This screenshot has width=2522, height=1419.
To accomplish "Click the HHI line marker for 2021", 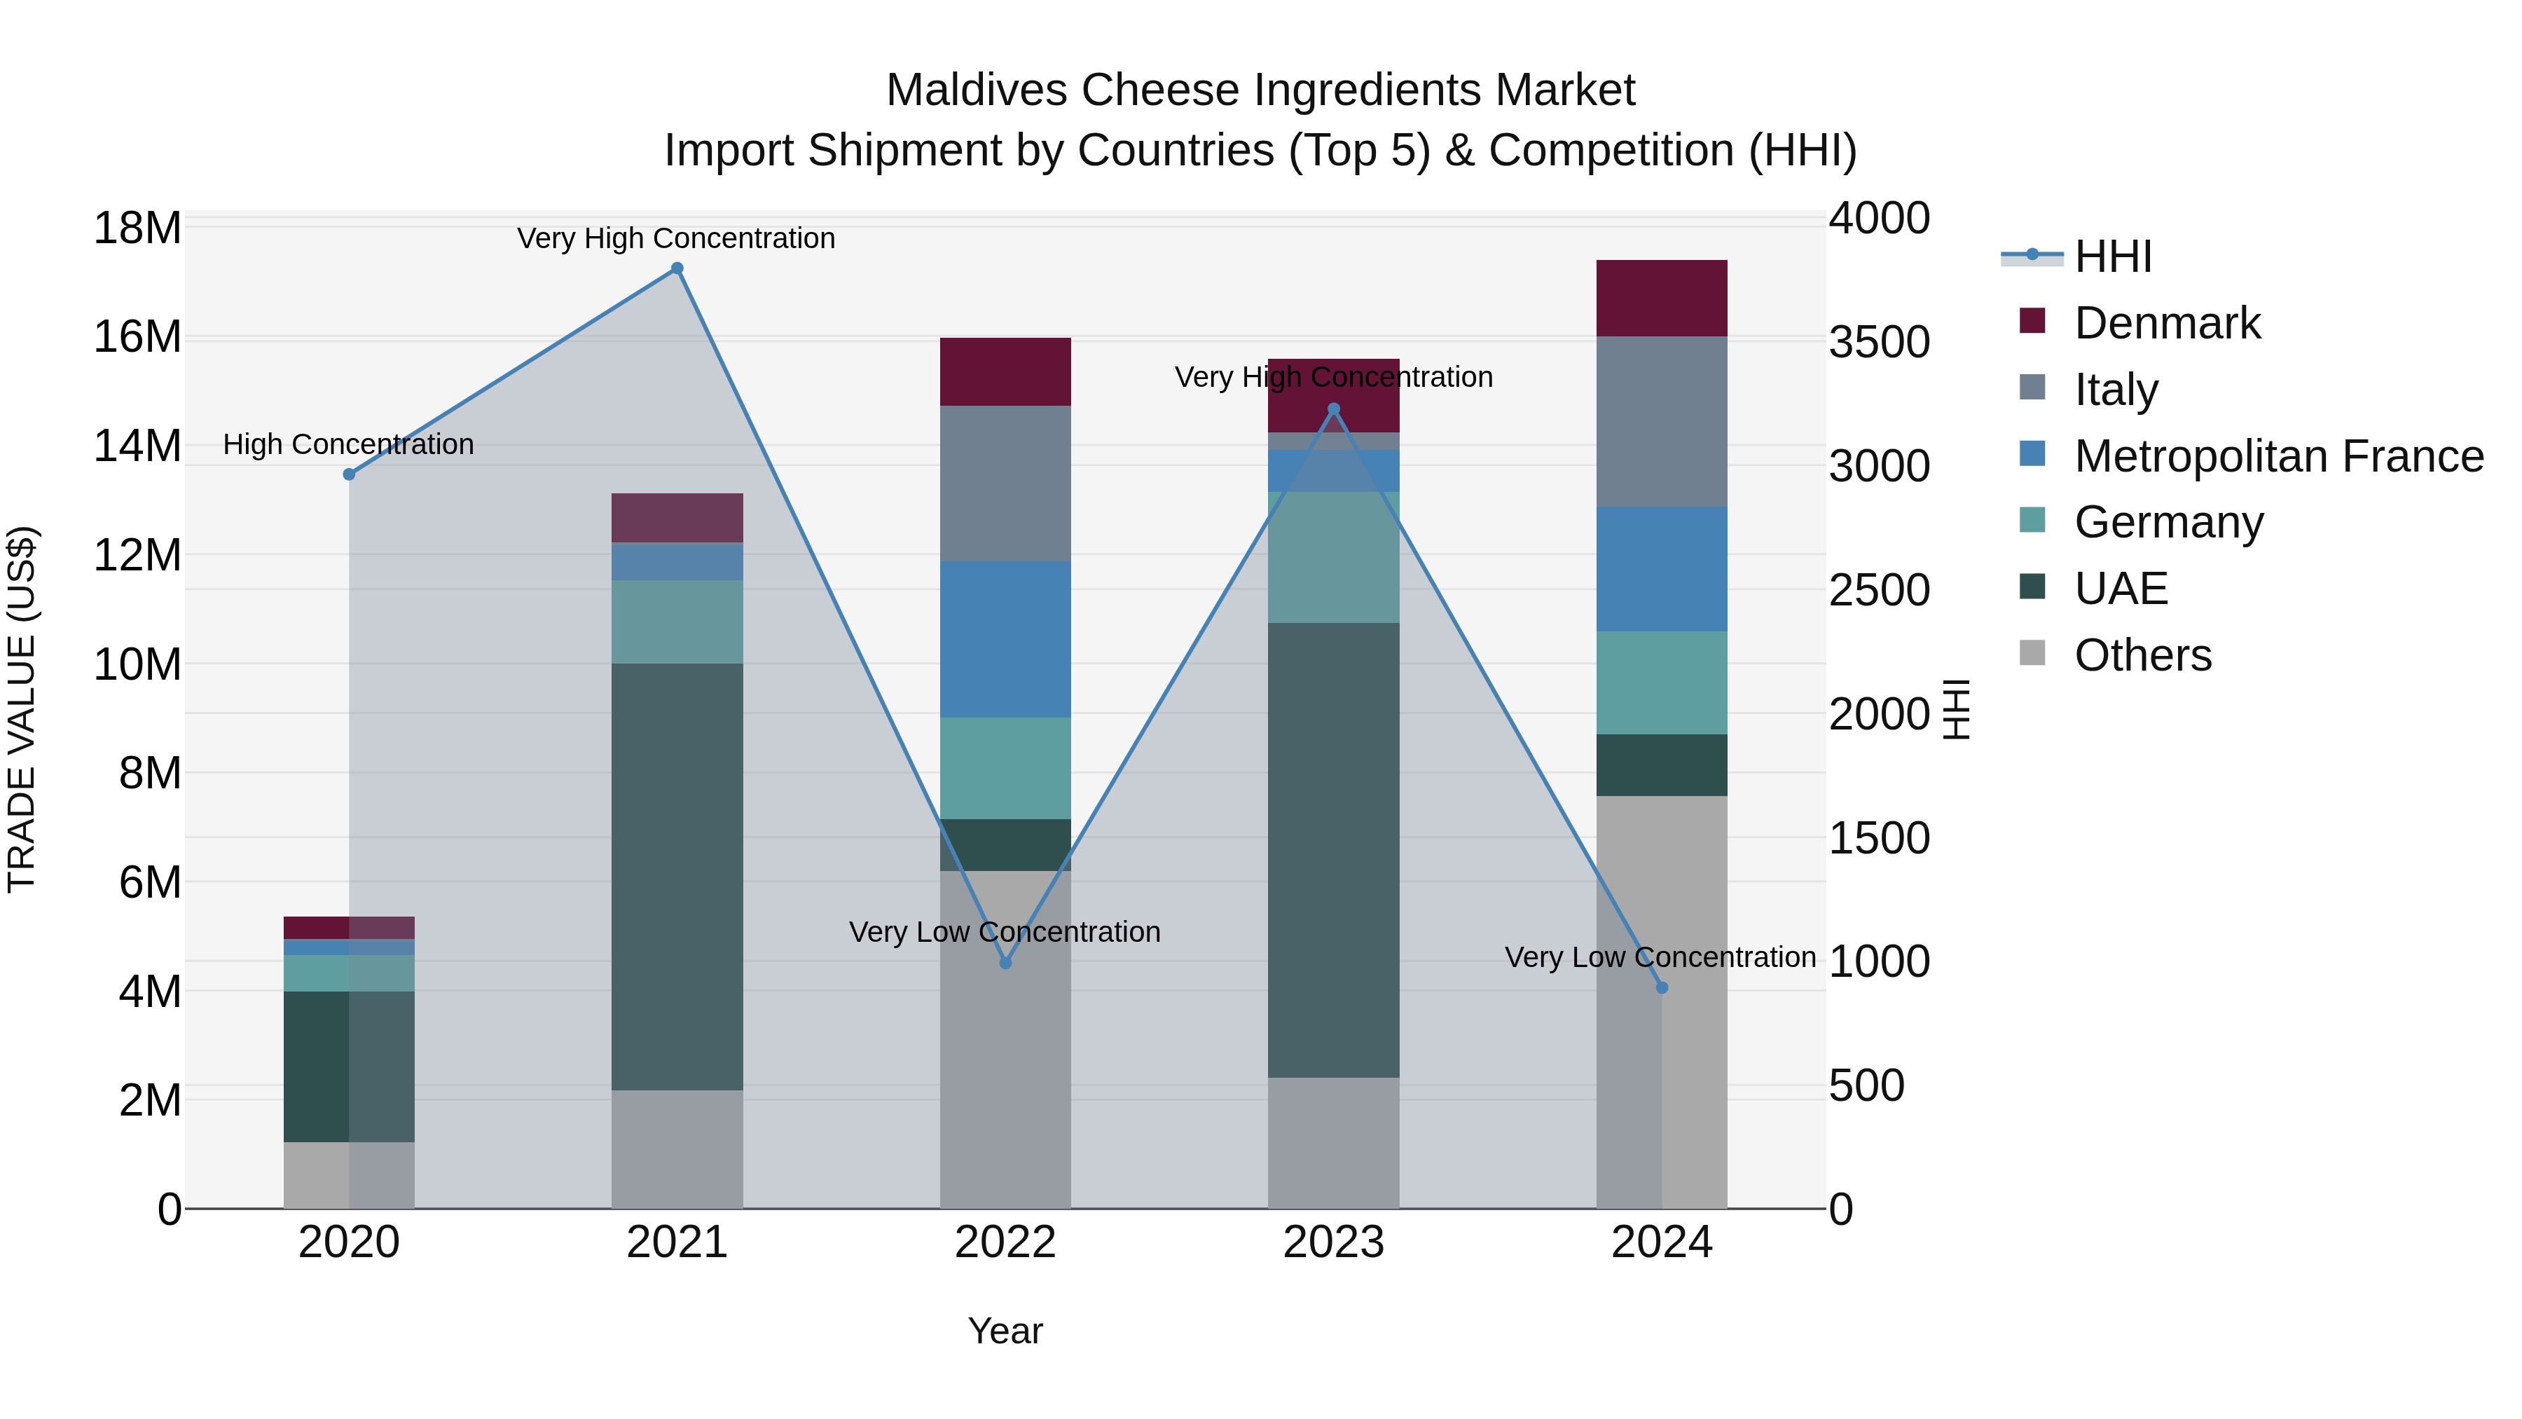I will pos(677,268).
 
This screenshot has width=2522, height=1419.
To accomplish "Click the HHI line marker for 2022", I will pos(1005,963).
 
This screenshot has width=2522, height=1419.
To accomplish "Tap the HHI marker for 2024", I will pos(1662,987).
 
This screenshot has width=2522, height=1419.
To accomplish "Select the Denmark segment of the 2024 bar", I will pos(1662,299).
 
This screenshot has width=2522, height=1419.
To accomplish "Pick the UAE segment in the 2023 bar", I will pos(1333,850).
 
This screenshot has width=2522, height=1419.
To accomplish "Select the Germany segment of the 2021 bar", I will pos(677,621).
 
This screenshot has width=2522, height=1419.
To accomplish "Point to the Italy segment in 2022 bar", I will pos(1005,483).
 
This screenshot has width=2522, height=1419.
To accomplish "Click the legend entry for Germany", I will pos(2168,522).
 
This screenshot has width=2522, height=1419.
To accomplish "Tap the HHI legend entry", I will pos(2113,256).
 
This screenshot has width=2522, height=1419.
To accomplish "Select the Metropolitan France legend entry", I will pos(2278,456).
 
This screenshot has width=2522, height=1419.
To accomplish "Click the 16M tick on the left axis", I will pos(137,337).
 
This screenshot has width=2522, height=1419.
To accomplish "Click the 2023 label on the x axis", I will pos(1333,1242).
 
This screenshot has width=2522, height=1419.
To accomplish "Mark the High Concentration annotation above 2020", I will pos(349,444).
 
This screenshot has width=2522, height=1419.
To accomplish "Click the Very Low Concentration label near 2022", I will pos(1005,931).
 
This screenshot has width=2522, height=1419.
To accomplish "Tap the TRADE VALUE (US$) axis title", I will pos(22,709).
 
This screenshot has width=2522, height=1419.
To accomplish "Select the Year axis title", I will pos(1005,1331).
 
